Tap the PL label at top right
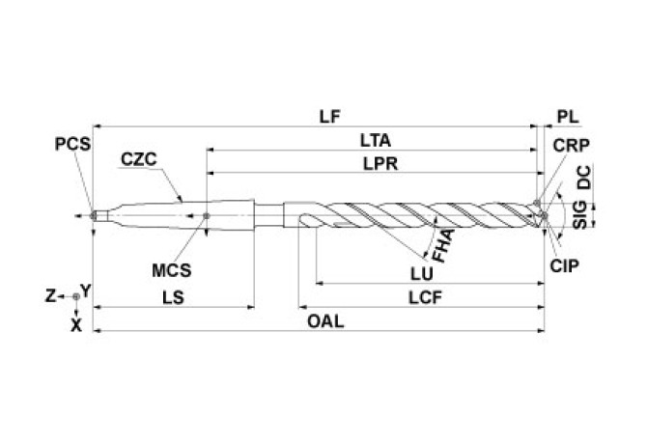pos(568,116)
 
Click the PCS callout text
pos(72,144)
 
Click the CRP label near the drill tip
pos(573,145)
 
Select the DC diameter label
pos(583,180)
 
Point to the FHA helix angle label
pos(444,245)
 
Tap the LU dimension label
pos(423,273)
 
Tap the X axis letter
pos(76,325)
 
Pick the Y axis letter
pos(86,290)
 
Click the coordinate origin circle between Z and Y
pos(76,296)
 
